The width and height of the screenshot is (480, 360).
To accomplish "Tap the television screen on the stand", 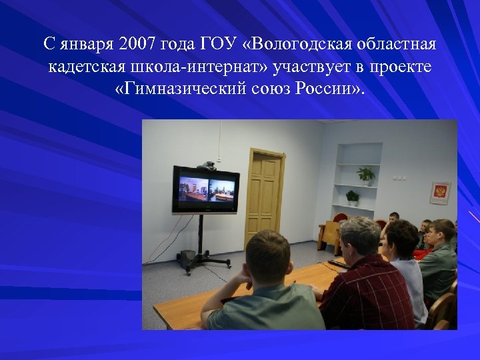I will (205, 189).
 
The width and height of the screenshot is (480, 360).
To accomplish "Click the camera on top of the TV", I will (207, 163).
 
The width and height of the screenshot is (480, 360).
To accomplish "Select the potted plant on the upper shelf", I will (365, 175).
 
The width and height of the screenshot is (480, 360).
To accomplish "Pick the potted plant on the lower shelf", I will (352, 197).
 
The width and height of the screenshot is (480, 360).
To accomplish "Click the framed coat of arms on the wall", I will (440, 193).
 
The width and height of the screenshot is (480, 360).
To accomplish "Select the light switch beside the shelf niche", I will (398, 178).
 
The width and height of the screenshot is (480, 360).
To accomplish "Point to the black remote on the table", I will (337, 264).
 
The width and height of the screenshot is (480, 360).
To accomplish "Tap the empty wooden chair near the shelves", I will (329, 233).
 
